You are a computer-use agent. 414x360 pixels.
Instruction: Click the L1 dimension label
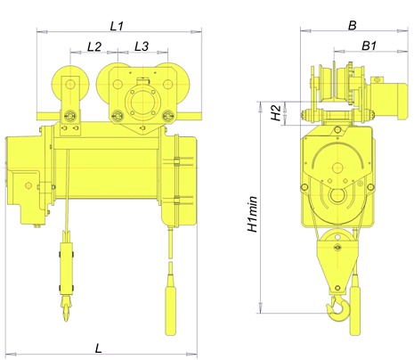pos(117,26)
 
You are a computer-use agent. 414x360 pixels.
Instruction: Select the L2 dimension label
pos(94,46)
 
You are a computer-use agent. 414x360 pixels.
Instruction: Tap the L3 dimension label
pos(142,46)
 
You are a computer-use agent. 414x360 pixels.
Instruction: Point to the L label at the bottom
pos(98,348)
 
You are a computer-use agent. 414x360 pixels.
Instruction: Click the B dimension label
pos(352,26)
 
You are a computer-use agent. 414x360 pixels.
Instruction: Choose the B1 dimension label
pos(369,45)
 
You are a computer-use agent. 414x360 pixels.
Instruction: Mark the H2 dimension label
pos(276,113)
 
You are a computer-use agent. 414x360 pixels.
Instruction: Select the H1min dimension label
pos(253,214)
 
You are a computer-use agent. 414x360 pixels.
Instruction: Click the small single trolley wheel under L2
pos(70,84)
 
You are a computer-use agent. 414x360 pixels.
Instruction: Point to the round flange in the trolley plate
pos(142,102)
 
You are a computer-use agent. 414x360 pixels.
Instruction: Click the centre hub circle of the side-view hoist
pos(337,168)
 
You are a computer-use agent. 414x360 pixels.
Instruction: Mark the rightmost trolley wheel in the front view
pos(168,84)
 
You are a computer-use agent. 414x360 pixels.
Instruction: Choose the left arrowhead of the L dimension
pos(11,354)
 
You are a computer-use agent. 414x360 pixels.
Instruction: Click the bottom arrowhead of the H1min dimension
pos(260,308)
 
